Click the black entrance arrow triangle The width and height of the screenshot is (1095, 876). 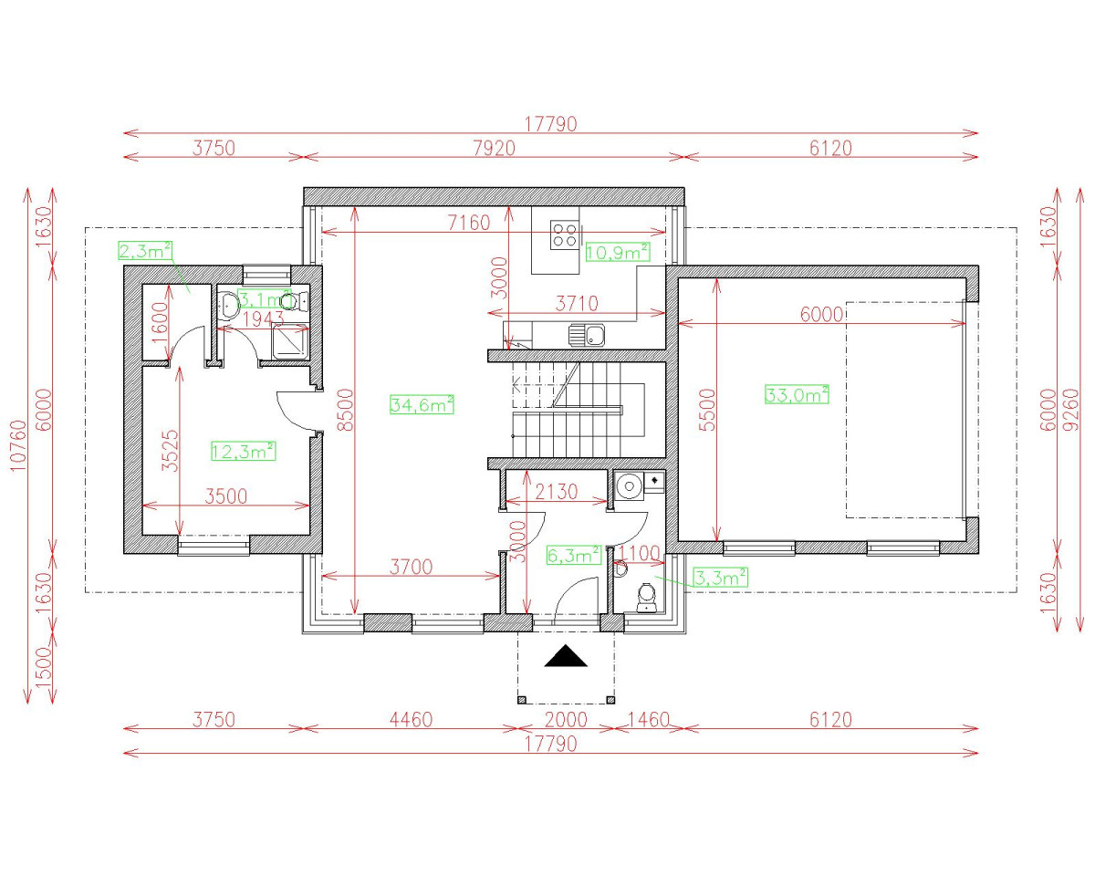[566, 657]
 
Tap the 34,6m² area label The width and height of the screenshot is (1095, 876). [422, 404]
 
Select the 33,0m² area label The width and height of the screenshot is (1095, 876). [797, 394]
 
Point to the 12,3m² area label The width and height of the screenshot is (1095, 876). [244, 451]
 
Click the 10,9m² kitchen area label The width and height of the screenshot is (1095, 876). [618, 252]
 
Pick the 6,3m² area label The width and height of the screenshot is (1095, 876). [573, 556]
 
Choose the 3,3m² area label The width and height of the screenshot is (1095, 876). [721, 578]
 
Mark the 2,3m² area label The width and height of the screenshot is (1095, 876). [145, 250]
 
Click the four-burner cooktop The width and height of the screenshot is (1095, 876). [565, 235]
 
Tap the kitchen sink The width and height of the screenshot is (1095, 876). [587, 335]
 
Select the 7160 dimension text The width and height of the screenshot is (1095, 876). [469, 223]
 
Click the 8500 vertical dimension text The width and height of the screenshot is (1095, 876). [346, 410]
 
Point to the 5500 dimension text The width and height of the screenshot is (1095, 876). [707, 410]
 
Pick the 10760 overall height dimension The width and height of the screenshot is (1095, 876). [18, 446]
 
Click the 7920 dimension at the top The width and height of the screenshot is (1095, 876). [494, 148]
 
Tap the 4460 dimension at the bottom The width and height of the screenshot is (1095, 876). [411, 720]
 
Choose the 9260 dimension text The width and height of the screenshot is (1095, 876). [1071, 410]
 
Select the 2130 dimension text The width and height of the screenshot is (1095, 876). [557, 492]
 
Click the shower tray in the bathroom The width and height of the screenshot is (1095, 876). [290, 341]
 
